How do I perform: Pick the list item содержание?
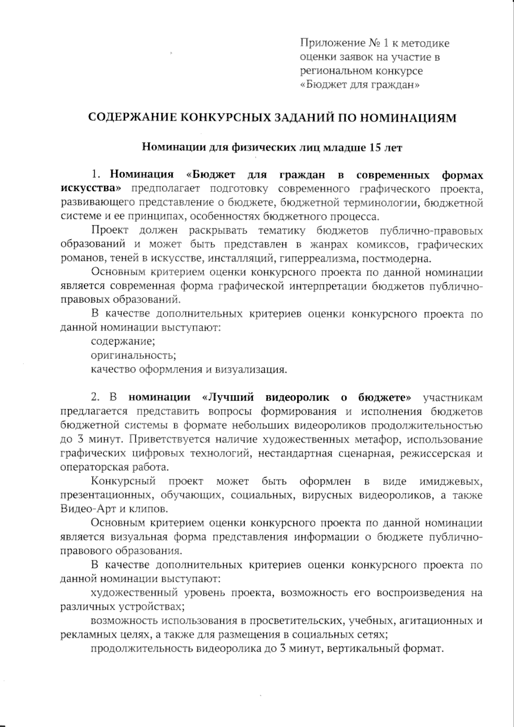coord(123,341)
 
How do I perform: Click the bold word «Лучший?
coord(225,397)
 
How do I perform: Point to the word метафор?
coord(376,440)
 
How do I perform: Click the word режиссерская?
coord(436,454)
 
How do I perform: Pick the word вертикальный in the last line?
coord(363,649)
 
